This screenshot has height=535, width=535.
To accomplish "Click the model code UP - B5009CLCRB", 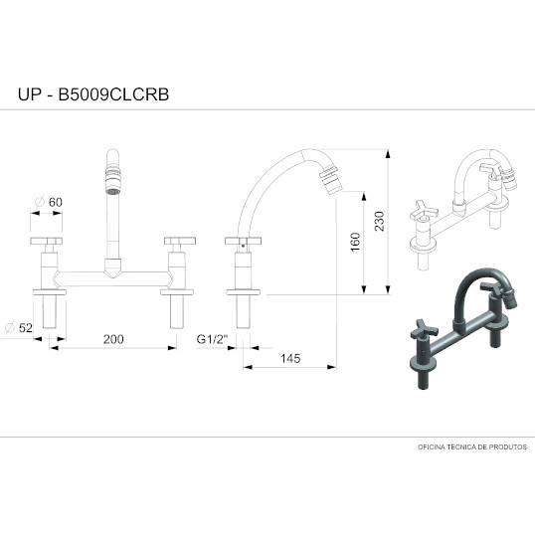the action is [x=93, y=94].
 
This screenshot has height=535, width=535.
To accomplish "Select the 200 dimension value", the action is [x=113, y=339].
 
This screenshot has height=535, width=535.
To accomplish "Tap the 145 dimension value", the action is [x=290, y=359].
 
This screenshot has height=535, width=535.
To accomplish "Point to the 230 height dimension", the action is [x=379, y=221].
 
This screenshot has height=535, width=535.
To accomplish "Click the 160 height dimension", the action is [x=355, y=242].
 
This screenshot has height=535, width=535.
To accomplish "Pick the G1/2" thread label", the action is [x=212, y=339].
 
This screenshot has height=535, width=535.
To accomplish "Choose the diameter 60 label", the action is [x=49, y=202].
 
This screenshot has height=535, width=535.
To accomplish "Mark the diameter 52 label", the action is [x=19, y=328].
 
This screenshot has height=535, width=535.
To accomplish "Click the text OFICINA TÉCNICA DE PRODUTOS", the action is [x=472, y=446].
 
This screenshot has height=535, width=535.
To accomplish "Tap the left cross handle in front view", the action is [x=46, y=241].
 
